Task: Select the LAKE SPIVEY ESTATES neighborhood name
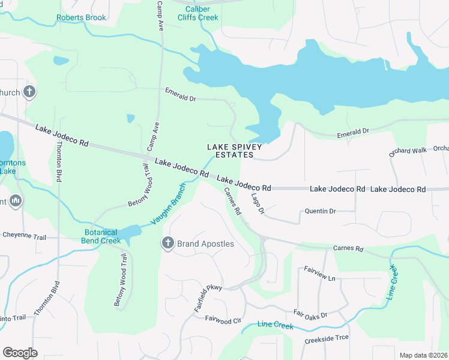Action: (230, 151)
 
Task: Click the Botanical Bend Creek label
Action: (101, 236)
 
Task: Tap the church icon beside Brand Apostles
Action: (167, 243)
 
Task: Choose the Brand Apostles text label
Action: (205, 244)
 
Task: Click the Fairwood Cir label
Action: (223, 320)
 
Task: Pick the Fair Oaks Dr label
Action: (310, 314)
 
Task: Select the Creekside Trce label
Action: (327, 337)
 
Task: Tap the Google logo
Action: (20, 353)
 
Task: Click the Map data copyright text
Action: (423, 355)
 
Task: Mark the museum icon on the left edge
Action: (16, 200)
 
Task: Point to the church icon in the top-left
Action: (29, 92)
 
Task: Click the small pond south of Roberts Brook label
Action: (61, 61)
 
